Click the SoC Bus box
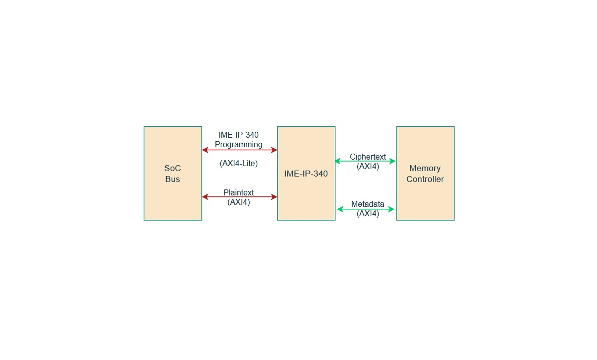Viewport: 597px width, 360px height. [x=173, y=174]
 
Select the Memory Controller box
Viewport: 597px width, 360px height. [x=425, y=174]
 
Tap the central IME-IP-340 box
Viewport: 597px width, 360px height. [x=306, y=174]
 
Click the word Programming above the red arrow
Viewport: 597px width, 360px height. [x=238, y=145]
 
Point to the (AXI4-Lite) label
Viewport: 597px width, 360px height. [x=238, y=164]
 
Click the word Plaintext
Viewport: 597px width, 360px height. [x=238, y=192]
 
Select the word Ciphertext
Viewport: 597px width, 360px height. [x=368, y=157]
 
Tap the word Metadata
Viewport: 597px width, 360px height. [x=368, y=204]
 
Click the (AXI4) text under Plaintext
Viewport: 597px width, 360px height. [x=238, y=202]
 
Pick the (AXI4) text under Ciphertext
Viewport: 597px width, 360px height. [x=368, y=166]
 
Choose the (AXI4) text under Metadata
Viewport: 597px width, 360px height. [x=368, y=213]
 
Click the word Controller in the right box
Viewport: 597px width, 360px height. [x=425, y=179]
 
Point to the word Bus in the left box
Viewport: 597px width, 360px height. [x=173, y=179]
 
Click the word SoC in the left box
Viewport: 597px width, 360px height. [x=173, y=168]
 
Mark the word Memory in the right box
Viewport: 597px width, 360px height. [x=425, y=168]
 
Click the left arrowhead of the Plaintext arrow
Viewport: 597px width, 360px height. [x=204, y=197]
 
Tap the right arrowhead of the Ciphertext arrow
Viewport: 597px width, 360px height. [x=393, y=161]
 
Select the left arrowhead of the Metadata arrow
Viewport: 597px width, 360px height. [x=340, y=209]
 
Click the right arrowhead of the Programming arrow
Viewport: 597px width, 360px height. [x=274, y=150]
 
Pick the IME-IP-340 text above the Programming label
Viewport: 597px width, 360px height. [x=238, y=135]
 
